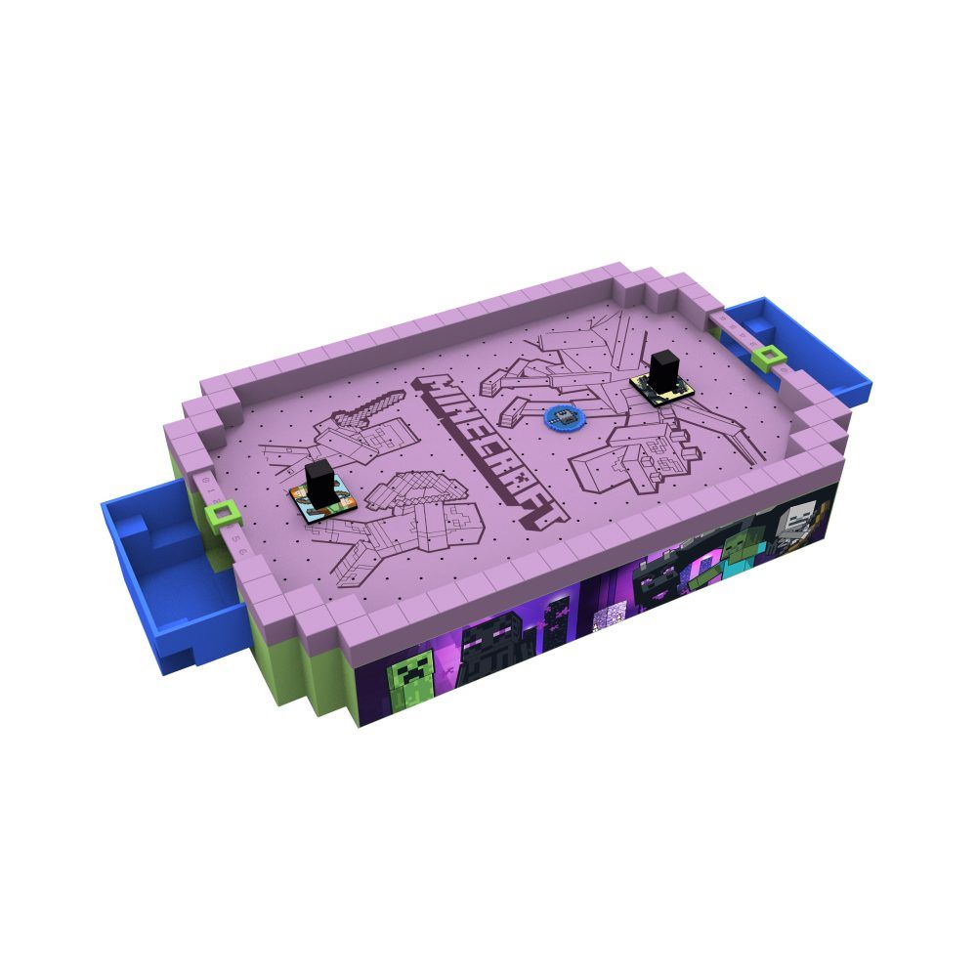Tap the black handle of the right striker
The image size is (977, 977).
pyautogui.click(x=665, y=369)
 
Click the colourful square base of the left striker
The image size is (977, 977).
pyautogui.click(x=320, y=500)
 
